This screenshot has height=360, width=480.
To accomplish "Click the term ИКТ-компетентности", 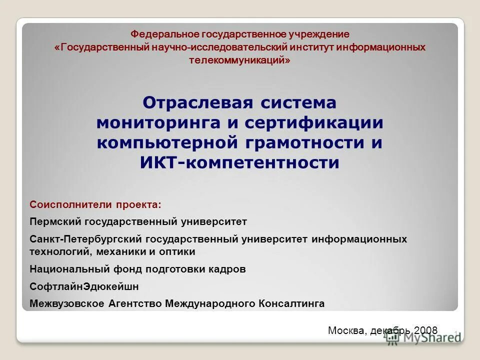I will [x=239, y=162].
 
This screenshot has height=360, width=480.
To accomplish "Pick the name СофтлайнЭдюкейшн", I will [x=84, y=286].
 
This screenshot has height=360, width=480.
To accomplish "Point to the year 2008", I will [x=426, y=330].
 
